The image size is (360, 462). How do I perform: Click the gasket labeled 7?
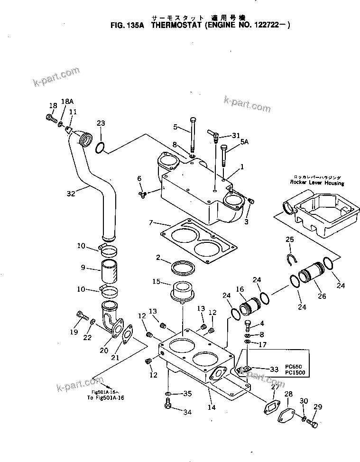[198, 240]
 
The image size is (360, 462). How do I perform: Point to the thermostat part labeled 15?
[182, 292]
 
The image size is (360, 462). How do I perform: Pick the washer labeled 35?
[168, 394]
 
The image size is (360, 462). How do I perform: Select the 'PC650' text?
[295, 367]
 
